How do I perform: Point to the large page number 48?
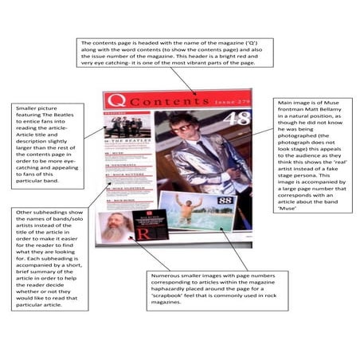pyautogui.click(x=240, y=120)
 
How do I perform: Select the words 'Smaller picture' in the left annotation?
pyautogui.click(x=37, y=108)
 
